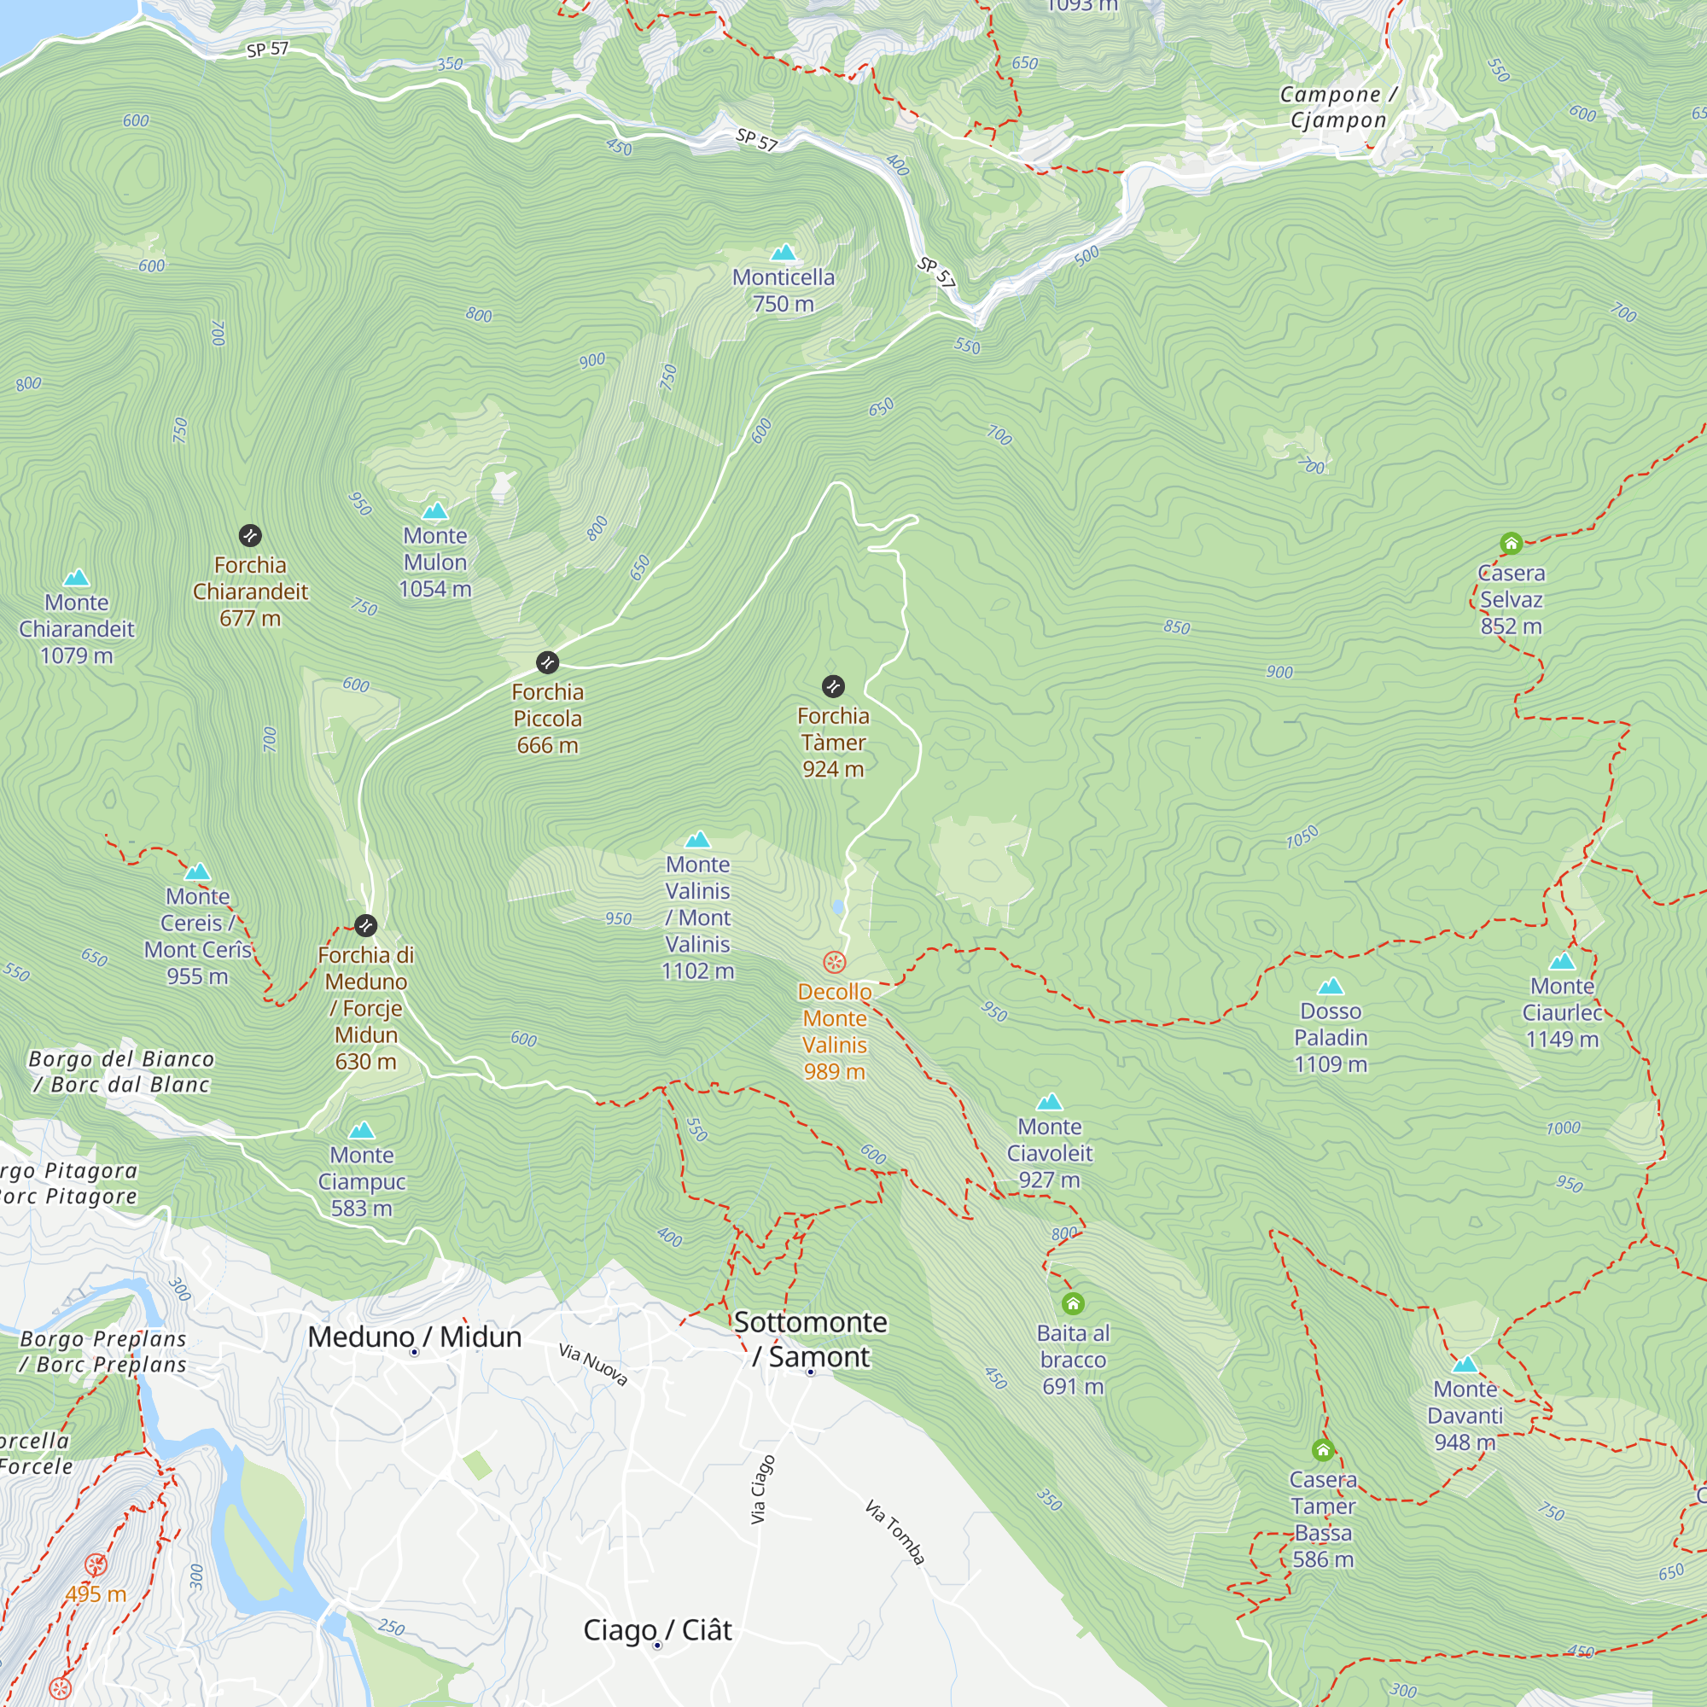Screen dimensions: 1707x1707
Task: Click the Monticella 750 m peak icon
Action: pyautogui.click(x=783, y=253)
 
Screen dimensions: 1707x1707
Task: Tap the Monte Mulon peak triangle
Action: pyautogui.click(x=434, y=511)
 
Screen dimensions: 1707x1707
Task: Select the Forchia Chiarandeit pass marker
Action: pyautogui.click(x=250, y=535)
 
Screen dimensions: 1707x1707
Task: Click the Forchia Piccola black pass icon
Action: pyautogui.click(x=548, y=662)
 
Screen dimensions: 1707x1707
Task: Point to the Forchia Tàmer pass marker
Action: pyautogui.click(x=833, y=686)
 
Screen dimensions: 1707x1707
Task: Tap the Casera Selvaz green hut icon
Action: pyautogui.click(x=1511, y=544)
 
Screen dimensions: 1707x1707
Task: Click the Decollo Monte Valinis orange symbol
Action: pyautogui.click(x=834, y=962)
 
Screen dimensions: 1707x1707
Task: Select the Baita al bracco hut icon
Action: pyautogui.click(x=1073, y=1304)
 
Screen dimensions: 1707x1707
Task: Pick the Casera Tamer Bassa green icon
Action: pyautogui.click(x=1323, y=1451)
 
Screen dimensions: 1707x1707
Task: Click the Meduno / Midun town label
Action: pyautogui.click(x=415, y=1337)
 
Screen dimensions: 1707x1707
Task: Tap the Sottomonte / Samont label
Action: pyautogui.click(x=810, y=1338)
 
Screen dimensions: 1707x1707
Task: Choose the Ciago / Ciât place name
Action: pyautogui.click(x=657, y=1630)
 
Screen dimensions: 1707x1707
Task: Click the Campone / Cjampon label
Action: pyautogui.click(x=1337, y=107)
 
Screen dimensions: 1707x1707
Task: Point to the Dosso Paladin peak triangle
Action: pyautogui.click(x=1331, y=987)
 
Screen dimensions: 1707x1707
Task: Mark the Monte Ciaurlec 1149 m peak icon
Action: pyautogui.click(x=1562, y=961)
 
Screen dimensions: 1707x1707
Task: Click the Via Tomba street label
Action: pyautogui.click(x=895, y=1532)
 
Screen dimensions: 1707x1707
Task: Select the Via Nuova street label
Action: pyautogui.click(x=593, y=1364)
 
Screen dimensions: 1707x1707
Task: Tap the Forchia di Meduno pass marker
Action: pyautogui.click(x=366, y=925)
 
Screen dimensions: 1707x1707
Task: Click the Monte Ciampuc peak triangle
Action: pyautogui.click(x=361, y=1131)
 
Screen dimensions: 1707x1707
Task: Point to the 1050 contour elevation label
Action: pyautogui.click(x=1302, y=836)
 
